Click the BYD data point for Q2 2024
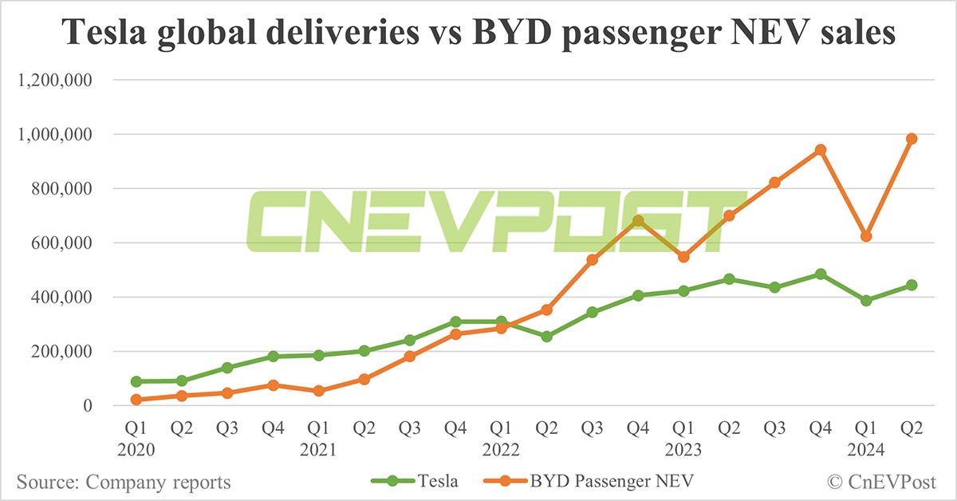point(912,139)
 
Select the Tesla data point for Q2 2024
point(912,285)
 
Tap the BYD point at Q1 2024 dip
point(866,237)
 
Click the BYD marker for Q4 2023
point(820,150)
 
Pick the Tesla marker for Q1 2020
point(136,381)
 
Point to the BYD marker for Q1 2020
point(136,400)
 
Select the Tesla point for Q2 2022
point(546,337)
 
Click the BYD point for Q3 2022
point(592,260)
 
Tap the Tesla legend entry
point(414,481)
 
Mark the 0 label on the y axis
point(89,406)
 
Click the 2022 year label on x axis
point(501,450)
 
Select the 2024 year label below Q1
point(866,450)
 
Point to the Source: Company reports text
point(124,482)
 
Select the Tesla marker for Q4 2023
point(820,274)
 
